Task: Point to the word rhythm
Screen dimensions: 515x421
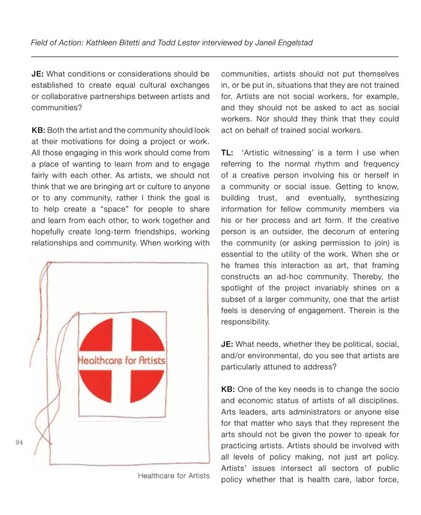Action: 321,164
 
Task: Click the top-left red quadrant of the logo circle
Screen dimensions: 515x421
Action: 100,338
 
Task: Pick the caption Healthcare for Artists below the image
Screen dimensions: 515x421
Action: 174,475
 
